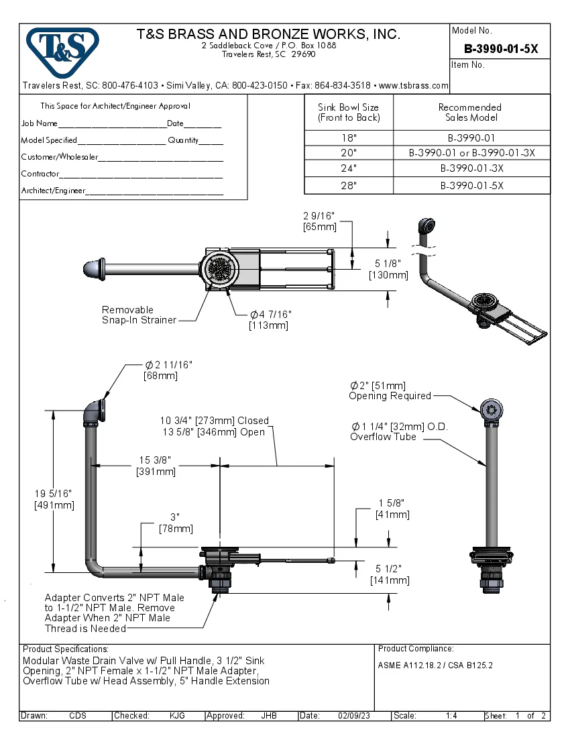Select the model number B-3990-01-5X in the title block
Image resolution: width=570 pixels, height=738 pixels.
[501, 49]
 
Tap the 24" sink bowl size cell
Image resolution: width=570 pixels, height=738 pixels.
[349, 168]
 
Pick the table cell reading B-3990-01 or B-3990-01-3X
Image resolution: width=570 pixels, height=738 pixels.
[471, 152]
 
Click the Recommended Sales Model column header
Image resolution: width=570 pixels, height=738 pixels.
[470, 112]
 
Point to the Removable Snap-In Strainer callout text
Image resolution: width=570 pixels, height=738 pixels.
[138, 315]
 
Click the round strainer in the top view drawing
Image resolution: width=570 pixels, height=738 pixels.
[220, 270]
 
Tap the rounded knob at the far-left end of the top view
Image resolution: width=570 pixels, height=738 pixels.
[91, 269]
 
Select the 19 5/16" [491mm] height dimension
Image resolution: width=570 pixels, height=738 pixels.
[54, 499]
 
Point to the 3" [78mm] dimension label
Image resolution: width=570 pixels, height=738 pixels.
[175, 523]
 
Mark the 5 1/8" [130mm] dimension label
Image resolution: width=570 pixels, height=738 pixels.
[388, 269]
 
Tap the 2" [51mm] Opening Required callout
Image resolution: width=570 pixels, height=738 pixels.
[389, 390]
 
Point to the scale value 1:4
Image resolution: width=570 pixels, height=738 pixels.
[451, 716]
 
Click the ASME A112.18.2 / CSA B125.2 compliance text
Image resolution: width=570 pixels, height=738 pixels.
[436, 666]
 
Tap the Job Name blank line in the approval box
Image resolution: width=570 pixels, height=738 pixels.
[111, 124]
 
